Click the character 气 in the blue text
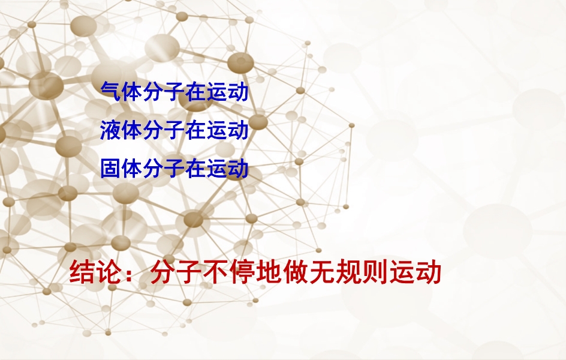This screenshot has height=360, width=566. point(111,91)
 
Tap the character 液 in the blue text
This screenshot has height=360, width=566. point(111,130)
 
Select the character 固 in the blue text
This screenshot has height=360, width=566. point(111,168)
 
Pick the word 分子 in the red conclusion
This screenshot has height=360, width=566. point(176,272)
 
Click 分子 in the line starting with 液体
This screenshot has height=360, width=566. point(164,130)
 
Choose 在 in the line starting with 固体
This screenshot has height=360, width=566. point(195,168)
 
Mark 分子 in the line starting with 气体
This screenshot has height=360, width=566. point(164,91)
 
